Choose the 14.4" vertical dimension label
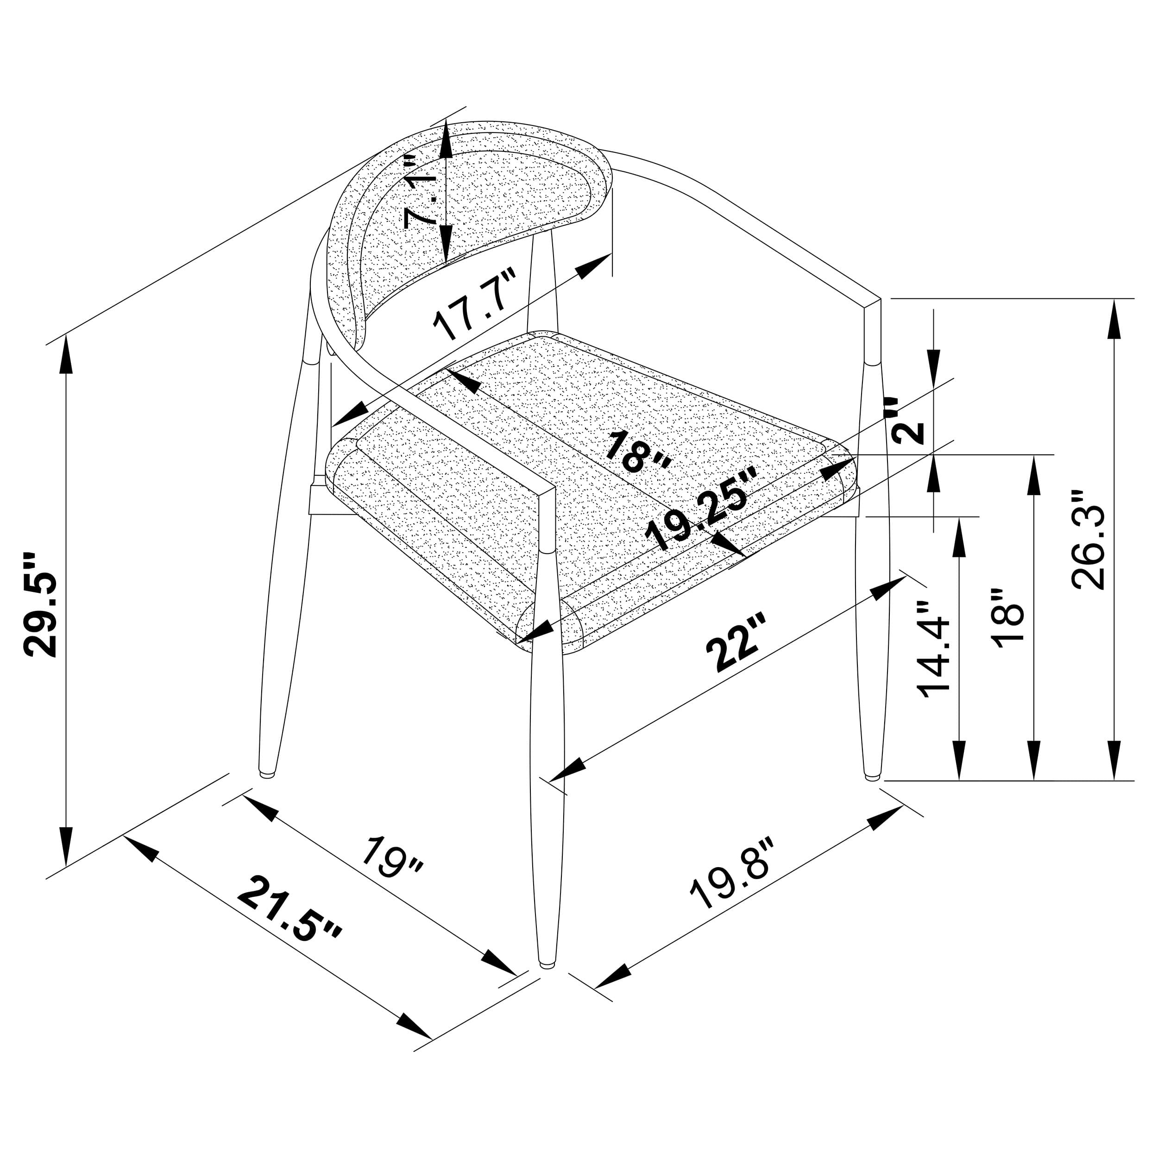click(934, 650)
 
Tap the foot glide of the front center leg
click(546, 964)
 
